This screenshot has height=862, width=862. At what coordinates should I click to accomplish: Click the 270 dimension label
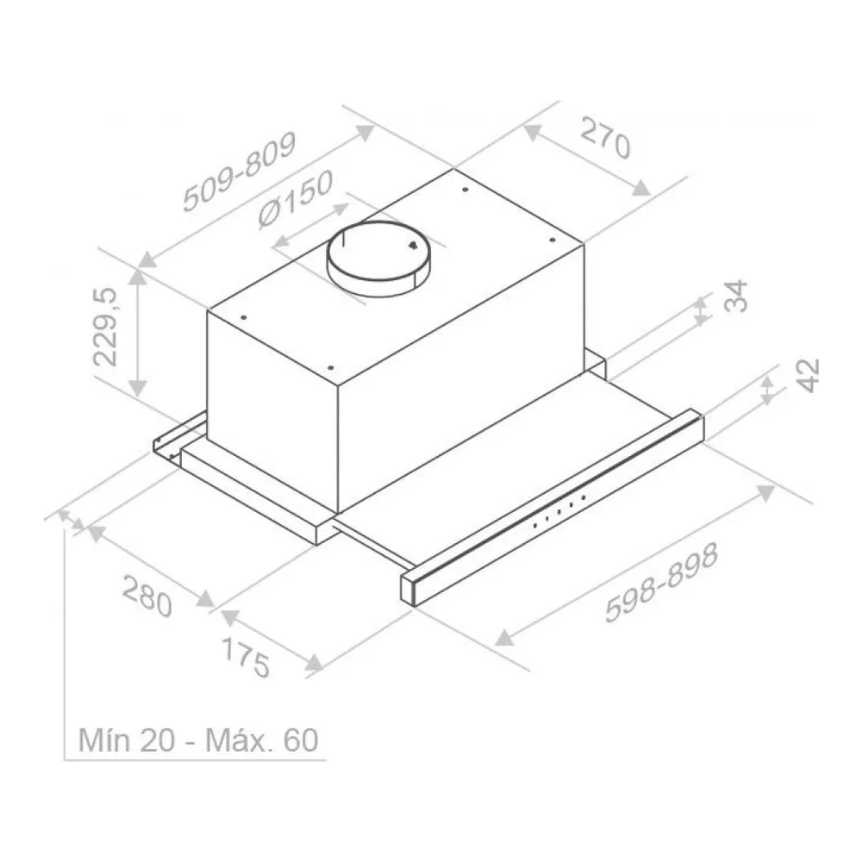[x=605, y=137]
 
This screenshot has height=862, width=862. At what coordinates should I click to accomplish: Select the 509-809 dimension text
[x=240, y=172]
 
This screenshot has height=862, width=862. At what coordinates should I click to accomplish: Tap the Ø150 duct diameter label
[x=296, y=198]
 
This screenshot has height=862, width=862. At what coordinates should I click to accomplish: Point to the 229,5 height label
[x=105, y=327]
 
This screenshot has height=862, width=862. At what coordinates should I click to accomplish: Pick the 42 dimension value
[x=809, y=376]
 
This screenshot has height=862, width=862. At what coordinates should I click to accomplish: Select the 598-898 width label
[x=661, y=583]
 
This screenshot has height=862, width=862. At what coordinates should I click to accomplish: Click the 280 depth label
[x=147, y=597]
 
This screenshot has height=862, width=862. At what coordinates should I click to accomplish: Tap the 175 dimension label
[x=246, y=658]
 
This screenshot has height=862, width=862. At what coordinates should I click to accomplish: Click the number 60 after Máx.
[x=301, y=740]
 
